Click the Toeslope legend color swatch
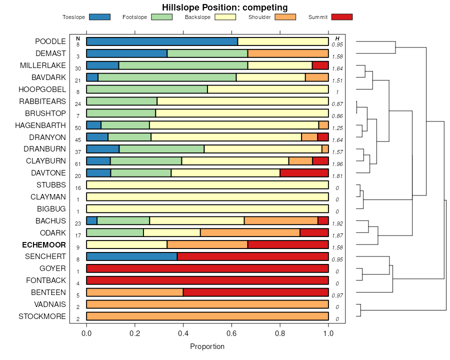click(x=99, y=17)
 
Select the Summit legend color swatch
click(x=341, y=17)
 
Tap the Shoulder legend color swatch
click(x=285, y=17)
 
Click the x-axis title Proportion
click(x=207, y=346)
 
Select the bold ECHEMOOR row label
click(x=44, y=245)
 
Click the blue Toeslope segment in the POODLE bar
click(x=162, y=41)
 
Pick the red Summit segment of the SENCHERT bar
click(x=252, y=256)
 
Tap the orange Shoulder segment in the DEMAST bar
click(x=288, y=53)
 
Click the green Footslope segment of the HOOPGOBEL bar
click(x=147, y=89)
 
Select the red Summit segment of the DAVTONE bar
click(x=304, y=173)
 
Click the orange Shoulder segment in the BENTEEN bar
click(x=135, y=292)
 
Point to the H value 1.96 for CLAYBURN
click(x=337, y=163)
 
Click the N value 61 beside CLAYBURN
click(x=78, y=163)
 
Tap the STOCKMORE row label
click(x=42, y=316)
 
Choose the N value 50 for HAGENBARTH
click(x=78, y=128)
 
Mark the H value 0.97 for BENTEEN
click(x=337, y=295)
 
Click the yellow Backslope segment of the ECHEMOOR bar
click(x=126, y=244)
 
